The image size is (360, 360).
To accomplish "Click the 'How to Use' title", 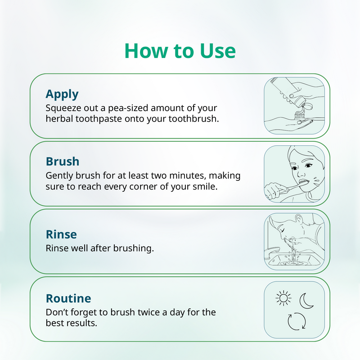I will (x=180, y=51).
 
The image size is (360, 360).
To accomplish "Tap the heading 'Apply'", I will (x=62, y=94).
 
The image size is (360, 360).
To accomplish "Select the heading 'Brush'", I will (x=63, y=162).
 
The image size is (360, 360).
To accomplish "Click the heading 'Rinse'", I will (x=61, y=234).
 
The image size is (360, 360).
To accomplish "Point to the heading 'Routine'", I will (x=68, y=298).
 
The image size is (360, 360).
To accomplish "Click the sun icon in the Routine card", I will (x=283, y=298).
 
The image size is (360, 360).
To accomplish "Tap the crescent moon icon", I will (x=306, y=300).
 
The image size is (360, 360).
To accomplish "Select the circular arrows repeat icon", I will (x=297, y=321).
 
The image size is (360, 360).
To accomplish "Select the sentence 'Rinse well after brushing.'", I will (x=99, y=248).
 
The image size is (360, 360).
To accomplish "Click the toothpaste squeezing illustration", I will (x=294, y=106).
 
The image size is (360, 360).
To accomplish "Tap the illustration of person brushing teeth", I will (x=294, y=174).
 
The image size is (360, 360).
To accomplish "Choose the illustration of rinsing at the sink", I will (x=294, y=241).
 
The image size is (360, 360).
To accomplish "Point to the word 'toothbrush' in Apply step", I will (x=196, y=120).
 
